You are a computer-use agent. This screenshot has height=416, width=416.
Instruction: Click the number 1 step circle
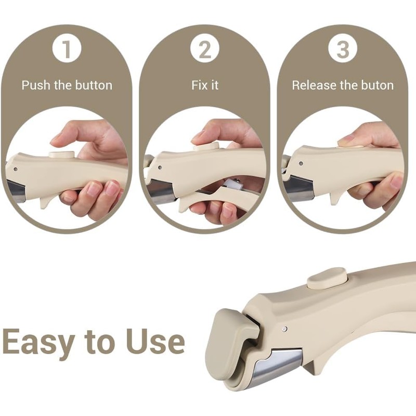67,50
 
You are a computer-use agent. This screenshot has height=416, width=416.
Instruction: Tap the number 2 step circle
205,50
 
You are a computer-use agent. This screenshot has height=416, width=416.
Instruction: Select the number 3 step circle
343,50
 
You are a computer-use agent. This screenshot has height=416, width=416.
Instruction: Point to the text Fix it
205,85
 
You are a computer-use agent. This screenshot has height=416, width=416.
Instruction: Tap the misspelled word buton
375,85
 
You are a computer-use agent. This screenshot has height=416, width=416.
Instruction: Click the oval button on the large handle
327,278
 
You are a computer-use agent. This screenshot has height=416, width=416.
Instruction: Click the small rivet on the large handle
283,329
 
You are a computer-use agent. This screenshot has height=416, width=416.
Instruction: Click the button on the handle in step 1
61,155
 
